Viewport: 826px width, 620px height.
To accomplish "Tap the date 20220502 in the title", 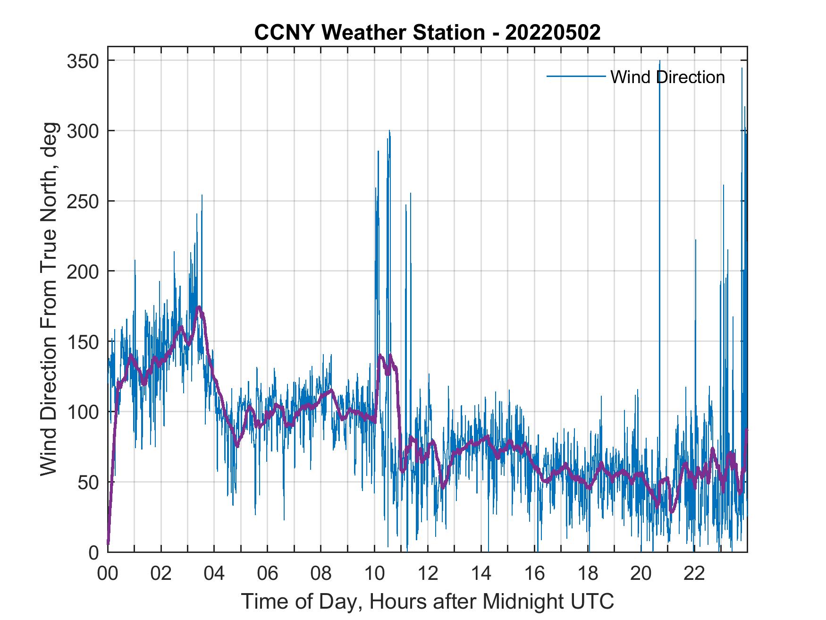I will pos(553,33).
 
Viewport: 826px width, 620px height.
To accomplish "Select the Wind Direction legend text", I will pos(667,77).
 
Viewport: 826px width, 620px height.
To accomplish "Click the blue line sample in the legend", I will pos(576,76).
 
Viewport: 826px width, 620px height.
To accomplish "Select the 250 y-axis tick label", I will pos(82,201).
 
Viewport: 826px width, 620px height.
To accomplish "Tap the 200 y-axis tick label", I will pos(82,271).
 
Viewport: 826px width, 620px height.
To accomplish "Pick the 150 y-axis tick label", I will pos(82,341).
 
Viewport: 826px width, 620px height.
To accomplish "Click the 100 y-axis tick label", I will pos(82,411).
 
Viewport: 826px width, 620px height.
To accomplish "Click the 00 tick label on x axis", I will pos(108,573).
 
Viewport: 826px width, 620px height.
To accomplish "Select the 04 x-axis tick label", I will pos(214,573).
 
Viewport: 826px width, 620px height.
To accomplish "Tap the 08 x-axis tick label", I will pos(321,573).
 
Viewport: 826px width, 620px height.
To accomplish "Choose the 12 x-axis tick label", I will pos(428,573).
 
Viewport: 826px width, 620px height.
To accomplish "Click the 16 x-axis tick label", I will pos(534,573).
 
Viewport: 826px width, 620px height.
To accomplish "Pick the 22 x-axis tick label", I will pos(694,573).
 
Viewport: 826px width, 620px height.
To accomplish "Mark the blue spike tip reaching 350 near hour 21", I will pos(659,61).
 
